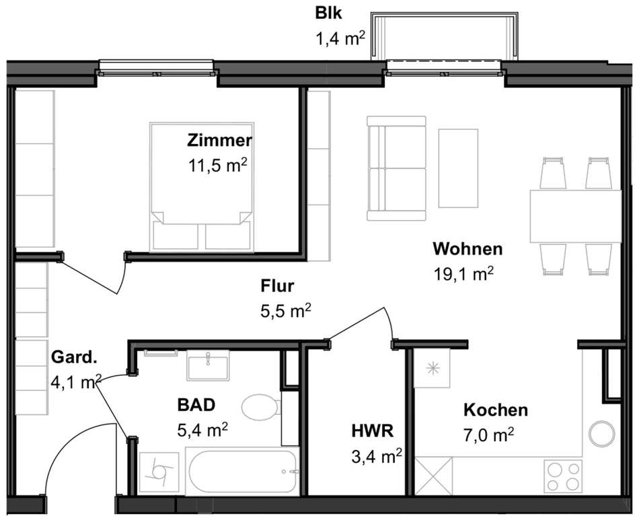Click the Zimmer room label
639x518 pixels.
220,140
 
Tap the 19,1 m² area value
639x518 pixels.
463,274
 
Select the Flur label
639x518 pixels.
277,286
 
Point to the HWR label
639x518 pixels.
373,431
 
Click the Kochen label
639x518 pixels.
496,410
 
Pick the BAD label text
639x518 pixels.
196,405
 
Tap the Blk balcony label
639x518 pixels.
328,13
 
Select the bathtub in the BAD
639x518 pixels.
242,472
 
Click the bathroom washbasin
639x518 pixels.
209,365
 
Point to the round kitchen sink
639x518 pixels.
602,434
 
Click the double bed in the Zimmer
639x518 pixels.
202,186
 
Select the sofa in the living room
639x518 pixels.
396,168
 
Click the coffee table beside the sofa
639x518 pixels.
458,168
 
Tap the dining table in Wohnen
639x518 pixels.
575,216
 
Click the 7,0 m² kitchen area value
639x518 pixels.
488,435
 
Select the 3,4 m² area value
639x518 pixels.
377,456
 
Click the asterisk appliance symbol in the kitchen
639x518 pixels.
432,369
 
